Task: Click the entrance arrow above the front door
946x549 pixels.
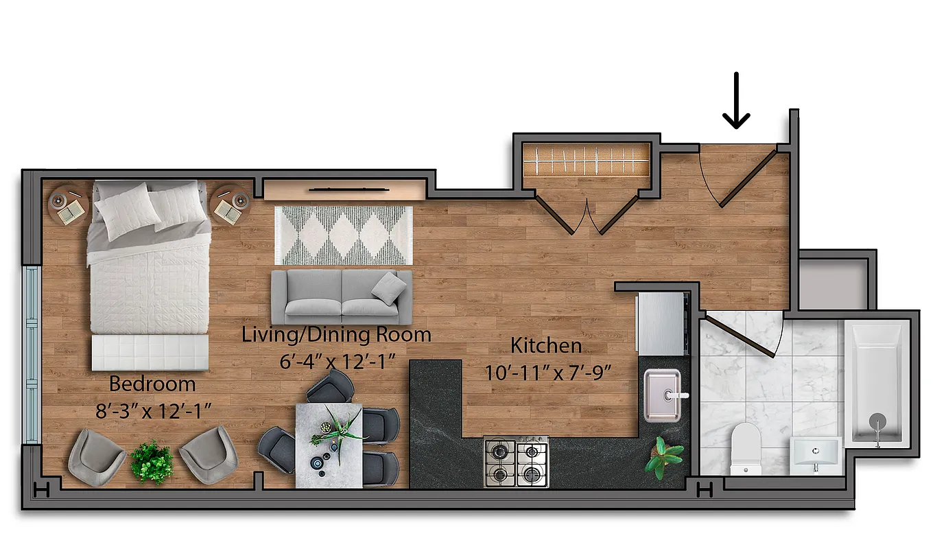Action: coord(736,102)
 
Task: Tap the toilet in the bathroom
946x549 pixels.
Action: coord(746,447)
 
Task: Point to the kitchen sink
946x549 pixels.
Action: coord(661,395)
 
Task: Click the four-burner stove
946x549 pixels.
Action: coord(516,463)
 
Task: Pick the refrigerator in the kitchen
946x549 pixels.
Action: coord(661,323)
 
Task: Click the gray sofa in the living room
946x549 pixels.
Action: coord(342,296)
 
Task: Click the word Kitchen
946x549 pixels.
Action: coord(546,345)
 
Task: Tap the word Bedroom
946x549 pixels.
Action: coord(152,384)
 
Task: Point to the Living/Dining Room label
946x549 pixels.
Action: coord(336,335)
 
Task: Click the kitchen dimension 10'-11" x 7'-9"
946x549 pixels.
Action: coord(547,373)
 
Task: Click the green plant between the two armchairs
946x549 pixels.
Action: coord(151,460)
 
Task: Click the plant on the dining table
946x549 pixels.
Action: coord(338,427)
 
